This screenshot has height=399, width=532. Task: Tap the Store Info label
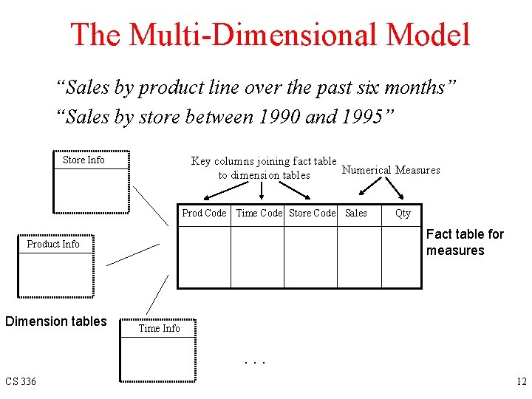click(x=83, y=160)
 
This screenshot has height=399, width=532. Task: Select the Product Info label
click(x=53, y=244)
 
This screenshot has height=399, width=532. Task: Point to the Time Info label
click(x=160, y=328)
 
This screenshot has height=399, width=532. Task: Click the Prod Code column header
click(x=204, y=213)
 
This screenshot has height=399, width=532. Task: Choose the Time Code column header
click(x=259, y=213)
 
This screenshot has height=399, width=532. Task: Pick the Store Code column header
click(x=312, y=213)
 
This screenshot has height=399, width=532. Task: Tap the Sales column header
click(x=356, y=213)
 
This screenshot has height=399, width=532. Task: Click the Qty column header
click(x=403, y=213)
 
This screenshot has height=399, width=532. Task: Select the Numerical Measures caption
click(x=391, y=170)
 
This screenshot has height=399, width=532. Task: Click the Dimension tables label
click(x=56, y=321)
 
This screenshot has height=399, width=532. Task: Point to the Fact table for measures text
click(x=465, y=242)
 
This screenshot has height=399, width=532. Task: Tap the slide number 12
click(x=520, y=381)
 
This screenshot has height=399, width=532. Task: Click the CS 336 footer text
click(x=21, y=381)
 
